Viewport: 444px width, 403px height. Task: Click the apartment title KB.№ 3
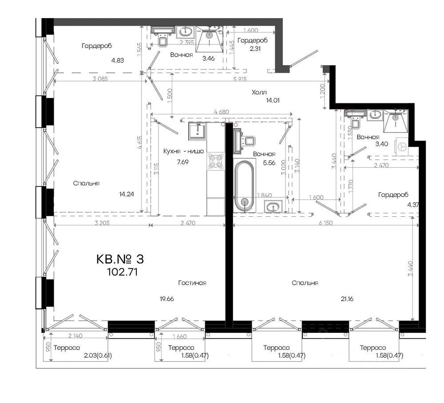point(120,259)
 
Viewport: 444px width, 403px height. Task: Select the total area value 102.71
point(123,272)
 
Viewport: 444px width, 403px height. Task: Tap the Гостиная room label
point(192,283)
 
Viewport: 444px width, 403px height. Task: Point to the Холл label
point(259,92)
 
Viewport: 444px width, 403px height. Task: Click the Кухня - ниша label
point(183,151)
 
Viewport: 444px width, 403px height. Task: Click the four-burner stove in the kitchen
point(216,161)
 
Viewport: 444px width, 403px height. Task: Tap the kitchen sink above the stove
point(198,131)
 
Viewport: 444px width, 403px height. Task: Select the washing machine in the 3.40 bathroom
point(402,146)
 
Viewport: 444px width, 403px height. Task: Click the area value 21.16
point(347,299)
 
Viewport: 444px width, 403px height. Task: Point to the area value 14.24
point(126,194)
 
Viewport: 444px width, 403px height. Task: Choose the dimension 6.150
point(325,223)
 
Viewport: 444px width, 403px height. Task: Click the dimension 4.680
point(222,112)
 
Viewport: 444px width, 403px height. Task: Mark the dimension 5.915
point(240,79)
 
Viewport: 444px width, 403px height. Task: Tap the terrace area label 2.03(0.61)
point(98,356)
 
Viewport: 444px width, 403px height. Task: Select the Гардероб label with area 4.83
point(97,46)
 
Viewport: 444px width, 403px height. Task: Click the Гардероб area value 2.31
point(255,49)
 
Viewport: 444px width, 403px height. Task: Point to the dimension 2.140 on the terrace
point(75,336)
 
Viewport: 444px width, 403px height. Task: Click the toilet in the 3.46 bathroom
point(163,40)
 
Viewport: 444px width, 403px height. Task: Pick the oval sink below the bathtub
point(273,206)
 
